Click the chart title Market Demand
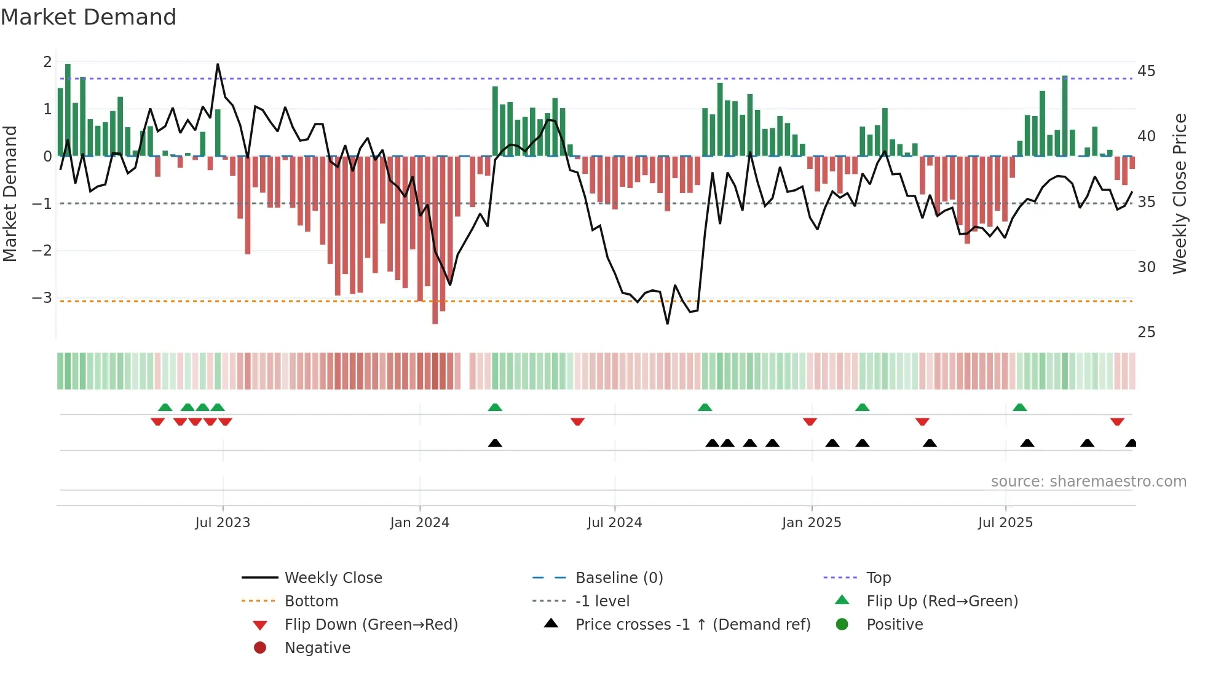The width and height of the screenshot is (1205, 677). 89,17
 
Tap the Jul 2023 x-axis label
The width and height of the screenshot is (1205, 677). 223,523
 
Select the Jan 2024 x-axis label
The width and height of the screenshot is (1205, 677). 419,523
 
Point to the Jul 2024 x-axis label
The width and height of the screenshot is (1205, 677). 614,523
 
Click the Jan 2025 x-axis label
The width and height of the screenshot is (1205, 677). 811,523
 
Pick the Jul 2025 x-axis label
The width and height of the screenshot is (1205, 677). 1005,523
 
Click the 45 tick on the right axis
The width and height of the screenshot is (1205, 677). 1146,71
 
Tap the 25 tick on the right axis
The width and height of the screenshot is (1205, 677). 1146,332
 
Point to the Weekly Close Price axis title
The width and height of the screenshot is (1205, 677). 1179,194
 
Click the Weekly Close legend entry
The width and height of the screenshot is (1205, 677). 333,578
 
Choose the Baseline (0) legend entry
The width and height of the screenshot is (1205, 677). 618,578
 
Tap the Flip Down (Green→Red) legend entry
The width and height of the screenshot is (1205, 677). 371,625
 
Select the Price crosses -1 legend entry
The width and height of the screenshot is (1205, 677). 692,625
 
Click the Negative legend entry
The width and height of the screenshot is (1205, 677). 317,648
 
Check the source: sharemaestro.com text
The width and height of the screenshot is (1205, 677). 1088,482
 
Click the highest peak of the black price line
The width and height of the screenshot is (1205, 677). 218,65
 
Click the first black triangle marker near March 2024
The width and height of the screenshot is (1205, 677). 495,443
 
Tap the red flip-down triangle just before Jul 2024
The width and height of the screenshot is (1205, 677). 577,421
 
